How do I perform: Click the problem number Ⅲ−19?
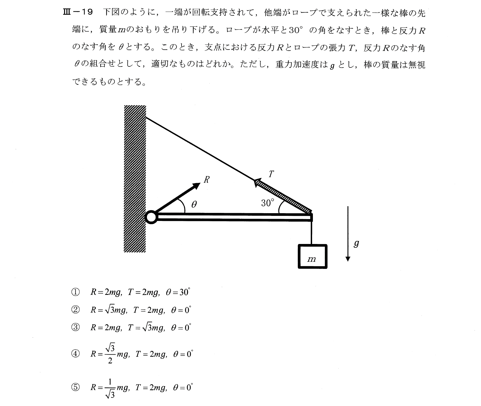[77, 13]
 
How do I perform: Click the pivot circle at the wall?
[151, 217]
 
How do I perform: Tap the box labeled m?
[312, 256]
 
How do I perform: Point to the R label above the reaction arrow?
[206, 180]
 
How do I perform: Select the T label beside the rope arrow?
[271, 174]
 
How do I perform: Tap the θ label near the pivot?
[194, 205]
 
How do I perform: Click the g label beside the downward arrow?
[356, 243]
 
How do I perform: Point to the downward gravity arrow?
[348, 233]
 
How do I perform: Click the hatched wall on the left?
[135, 179]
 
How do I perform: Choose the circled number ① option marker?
[75, 292]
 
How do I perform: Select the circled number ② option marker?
[75, 310]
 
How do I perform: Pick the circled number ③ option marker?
[75, 328]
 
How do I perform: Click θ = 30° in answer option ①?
[178, 292]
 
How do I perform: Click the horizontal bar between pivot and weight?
[233, 217]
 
